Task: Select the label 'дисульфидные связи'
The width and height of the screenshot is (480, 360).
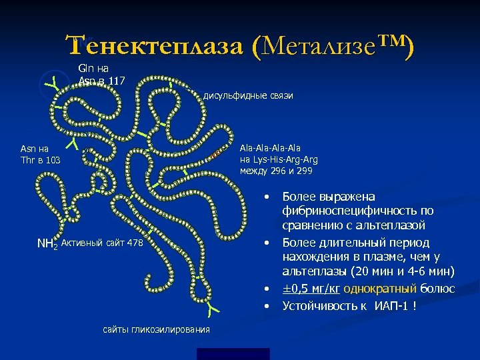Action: (248, 96)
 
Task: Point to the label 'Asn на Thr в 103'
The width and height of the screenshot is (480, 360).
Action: (41, 154)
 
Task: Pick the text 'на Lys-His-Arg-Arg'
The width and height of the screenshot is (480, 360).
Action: (278, 160)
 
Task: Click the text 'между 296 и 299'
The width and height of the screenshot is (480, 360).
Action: (275, 171)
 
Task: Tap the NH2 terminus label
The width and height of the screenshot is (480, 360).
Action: (46, 244)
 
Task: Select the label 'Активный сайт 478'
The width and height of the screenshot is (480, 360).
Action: (101, 243)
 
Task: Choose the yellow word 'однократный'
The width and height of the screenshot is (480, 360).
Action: (389, 289)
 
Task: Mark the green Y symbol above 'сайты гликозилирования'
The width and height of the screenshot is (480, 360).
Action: (213, 308)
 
